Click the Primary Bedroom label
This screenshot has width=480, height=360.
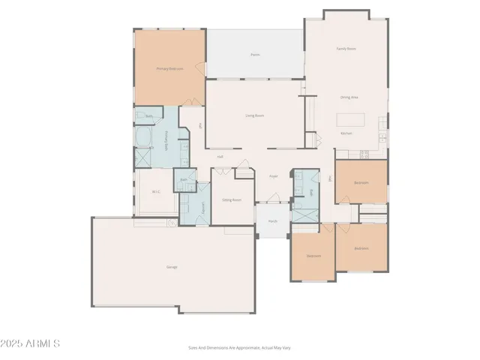[169, 68]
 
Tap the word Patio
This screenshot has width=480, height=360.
[255, 55]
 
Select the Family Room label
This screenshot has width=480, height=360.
[346, 48]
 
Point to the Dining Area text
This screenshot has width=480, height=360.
[349, 97]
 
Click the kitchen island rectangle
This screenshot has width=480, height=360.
[350, 118]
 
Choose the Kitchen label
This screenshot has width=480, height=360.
[346, 133]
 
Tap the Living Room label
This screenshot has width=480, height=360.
[255, 115]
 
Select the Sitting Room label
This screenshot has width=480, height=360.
[231, 200]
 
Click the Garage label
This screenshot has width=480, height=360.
[172, 267]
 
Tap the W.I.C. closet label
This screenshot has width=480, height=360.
[156, 192]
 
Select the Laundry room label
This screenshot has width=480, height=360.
[204, 207]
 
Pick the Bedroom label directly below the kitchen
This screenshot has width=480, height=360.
[361, 182]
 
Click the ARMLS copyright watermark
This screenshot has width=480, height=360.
[31, 343]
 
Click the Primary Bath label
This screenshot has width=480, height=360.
[166, 140]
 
